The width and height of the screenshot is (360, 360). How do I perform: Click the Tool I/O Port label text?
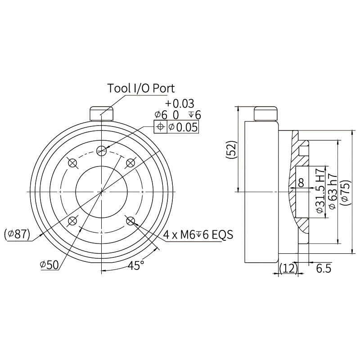tap(141, 88)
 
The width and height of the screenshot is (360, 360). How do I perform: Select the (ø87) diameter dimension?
tap(17, 234)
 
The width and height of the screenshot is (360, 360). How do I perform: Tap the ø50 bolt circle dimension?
tap(49, 265)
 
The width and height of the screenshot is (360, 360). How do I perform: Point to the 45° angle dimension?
tap(136, 265)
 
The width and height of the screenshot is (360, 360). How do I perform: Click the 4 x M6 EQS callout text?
tap(198, 234)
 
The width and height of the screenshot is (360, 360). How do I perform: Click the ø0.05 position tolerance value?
tap(183, 127)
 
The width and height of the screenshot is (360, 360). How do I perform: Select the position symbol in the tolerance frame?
tap(161, 126)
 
